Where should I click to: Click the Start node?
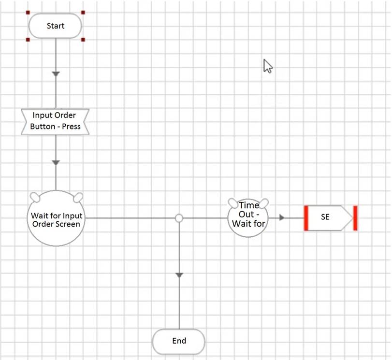click(x=56, y=26)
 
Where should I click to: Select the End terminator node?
click(x=179, y=341)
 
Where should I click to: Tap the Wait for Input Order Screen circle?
click(x=56, y=220)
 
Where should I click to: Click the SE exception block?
click(x=329, y=218)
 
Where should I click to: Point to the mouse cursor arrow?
click(x=267, y=65)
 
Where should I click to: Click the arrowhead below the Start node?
click(x=56, y=74)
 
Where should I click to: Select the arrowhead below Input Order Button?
click(x=56, y=163)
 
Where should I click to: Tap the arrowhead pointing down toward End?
click(x=179, y=275)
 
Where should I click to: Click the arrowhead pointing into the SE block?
click(x=282, y=218)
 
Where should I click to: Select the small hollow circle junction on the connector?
click(x=179, y=218)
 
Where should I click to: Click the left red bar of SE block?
click(x=306, y=218)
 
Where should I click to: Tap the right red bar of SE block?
click(x=355, y=218)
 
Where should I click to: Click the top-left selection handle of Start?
click(x=29, y=13)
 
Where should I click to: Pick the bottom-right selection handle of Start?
click(x=83, y=40)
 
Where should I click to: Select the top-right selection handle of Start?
click(x=83, y=13)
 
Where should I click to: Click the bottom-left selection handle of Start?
click(x=29, y=40)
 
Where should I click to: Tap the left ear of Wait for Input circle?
click(x=35, y=196)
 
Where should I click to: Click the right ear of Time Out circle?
click(x=264, y=202)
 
